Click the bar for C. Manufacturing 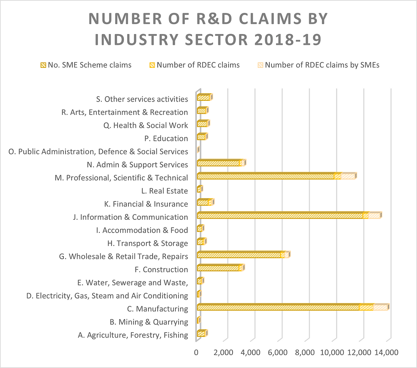coord(293,307)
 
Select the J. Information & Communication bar coord(289,215)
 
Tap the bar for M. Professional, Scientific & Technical coord(276,176)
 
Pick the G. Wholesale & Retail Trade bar coord(244,254)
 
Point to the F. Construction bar coord(221,268)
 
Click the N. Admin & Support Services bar coord(221,162)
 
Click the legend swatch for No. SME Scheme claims coord(43,65)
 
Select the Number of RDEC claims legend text coord(198,65)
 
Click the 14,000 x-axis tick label coord(386,352)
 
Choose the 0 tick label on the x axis coord(196,352)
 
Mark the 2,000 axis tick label coord(223,352)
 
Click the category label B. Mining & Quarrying coord(149,322)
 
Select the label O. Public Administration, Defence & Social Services coord(98,152)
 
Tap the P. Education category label coord(166,138)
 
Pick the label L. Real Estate coord(165,191)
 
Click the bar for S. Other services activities coord(205,97)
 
